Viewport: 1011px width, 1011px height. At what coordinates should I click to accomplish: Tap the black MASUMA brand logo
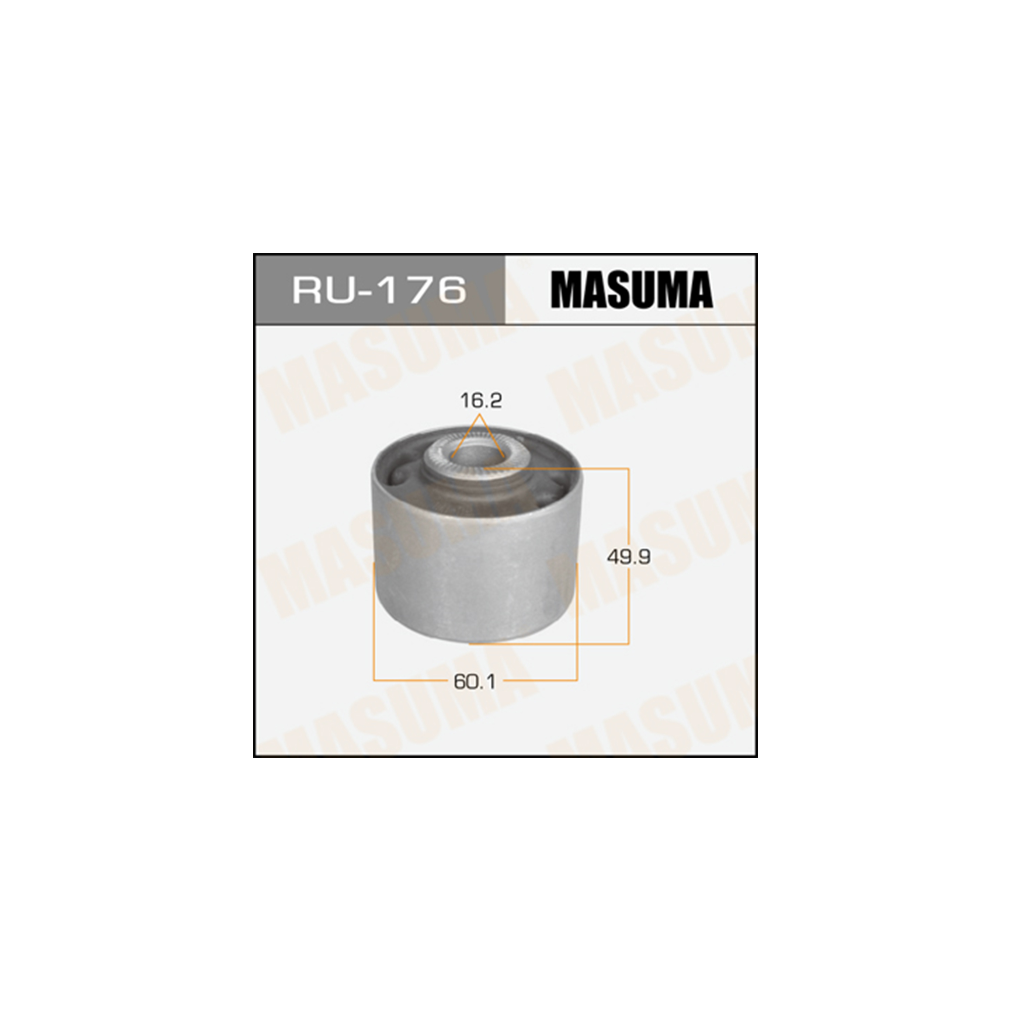tap(631, 289)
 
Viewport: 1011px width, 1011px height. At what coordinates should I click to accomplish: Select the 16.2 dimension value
tap(481, 401)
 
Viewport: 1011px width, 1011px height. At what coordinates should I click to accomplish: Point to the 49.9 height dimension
tap(628, 558)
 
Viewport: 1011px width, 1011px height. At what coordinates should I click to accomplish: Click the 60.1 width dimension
tap(474, 682)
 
